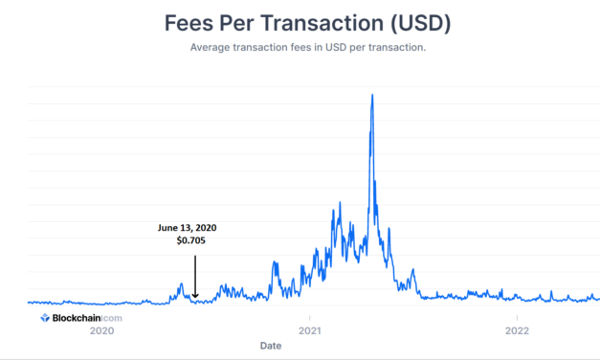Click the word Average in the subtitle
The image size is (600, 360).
(211, 47)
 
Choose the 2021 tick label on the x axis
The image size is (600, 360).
(309, 330)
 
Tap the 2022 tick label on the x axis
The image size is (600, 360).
(517, 330)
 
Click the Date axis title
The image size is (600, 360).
(271, 347)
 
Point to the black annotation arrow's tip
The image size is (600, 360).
(194, 298)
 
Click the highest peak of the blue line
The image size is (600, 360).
(371, 95)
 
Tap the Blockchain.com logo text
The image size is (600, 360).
(86, 316)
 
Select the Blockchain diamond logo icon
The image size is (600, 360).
(45, 316)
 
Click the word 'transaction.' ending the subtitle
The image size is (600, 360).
(392, 47)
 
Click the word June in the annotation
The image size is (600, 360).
(169, 228)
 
